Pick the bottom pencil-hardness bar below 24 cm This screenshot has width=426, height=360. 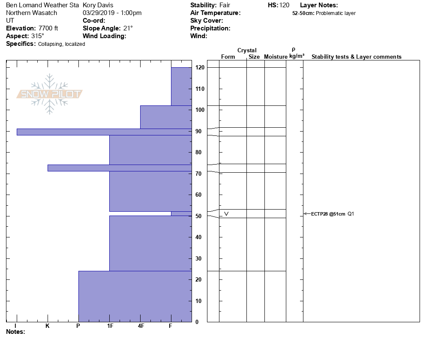(x=135, y=296)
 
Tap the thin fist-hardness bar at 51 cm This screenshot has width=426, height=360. (x=181, y=213)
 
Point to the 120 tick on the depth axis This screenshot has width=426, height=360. (x=199, y=68)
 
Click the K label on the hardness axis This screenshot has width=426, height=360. (x=48, y=326)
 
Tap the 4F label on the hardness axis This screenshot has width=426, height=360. (x=141, y=326)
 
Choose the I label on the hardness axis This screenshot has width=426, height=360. (x=16, y=326)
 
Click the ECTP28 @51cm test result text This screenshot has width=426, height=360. (x=328, y=213)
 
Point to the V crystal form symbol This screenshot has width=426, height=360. (x=226, y=213)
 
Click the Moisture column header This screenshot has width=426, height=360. (x=276, y=57)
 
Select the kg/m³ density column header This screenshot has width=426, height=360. (x=297, y=56)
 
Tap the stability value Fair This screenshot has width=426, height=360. (x=225, y=5)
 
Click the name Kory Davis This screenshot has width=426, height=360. (x=98, y=5)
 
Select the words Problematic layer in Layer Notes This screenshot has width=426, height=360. (x=336, y=13)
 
